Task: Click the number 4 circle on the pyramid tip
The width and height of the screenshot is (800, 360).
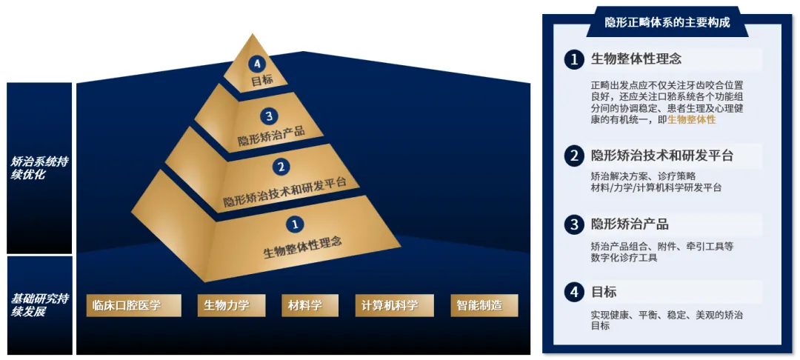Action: [x=257, y=64]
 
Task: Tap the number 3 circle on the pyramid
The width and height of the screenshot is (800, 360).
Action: [x=270, y=116]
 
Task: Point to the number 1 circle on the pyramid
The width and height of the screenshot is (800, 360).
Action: [x=294, y=222]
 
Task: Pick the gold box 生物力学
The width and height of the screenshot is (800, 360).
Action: [x=227, y=305]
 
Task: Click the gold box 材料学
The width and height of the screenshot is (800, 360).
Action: [x=305, y=305]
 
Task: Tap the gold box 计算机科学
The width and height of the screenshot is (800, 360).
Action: [x=390, y=305]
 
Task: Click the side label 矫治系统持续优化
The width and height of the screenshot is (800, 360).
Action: [x=39, y=168]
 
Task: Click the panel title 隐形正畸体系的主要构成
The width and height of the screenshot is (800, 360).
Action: [x=667, y=22]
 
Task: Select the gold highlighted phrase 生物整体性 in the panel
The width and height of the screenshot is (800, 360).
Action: [x=691, y=119]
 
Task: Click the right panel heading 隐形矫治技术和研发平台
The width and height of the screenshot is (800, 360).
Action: [x=661, y=156]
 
